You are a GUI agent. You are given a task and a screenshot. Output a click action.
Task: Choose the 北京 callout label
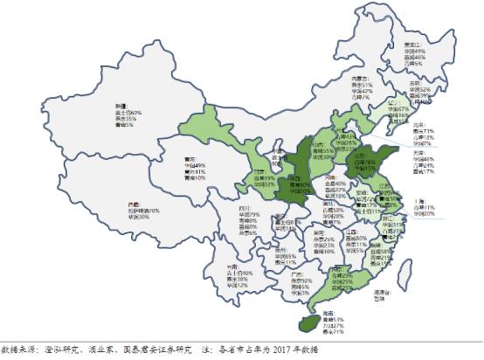pyautogui.click(x=428, y=125)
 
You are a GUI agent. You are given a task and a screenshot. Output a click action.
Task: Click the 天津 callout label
pyautogui.click(x=428, y=152)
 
